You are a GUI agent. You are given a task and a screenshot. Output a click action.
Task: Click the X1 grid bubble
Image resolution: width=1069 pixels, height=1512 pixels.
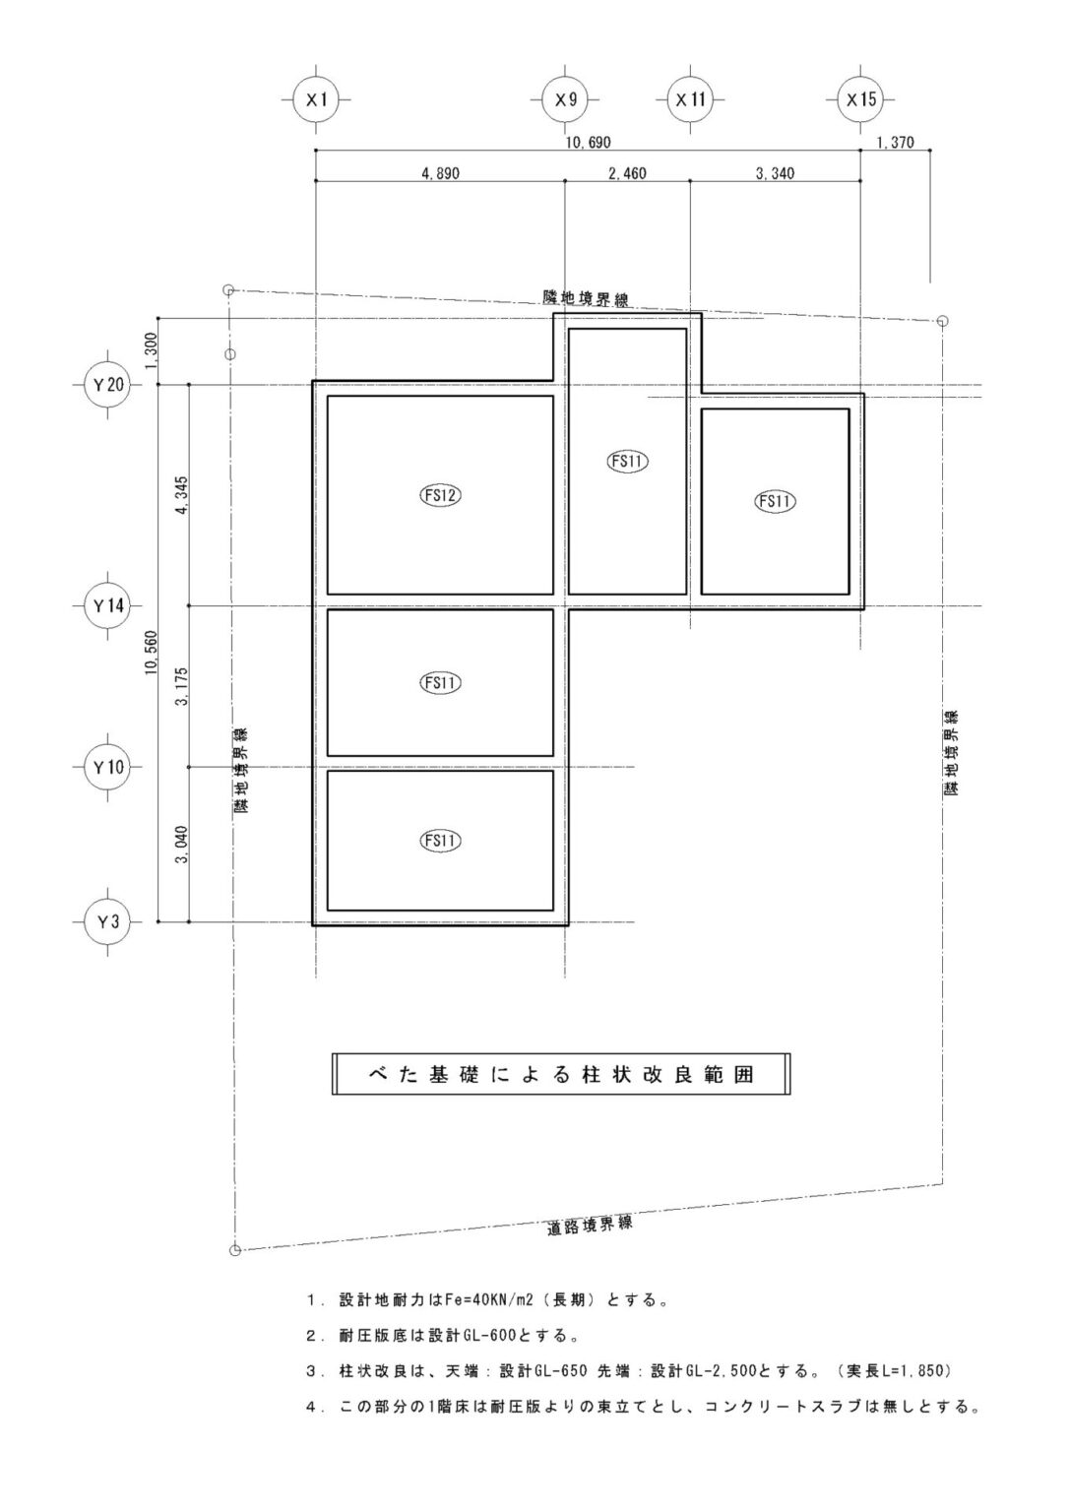tap(316, 99)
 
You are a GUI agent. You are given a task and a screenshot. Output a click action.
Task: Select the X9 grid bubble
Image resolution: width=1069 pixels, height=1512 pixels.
tap(565, 99)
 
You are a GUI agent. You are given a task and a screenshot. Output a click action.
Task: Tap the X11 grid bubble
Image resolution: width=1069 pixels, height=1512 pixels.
tap(690, 99)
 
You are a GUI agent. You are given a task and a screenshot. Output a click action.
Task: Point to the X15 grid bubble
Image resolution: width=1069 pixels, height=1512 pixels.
tap(860, 99)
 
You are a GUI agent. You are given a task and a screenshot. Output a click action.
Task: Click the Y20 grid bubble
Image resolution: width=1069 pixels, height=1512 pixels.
tap(108, 385)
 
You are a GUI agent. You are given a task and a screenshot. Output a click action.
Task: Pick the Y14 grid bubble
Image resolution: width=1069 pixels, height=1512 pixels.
tap(108, 605)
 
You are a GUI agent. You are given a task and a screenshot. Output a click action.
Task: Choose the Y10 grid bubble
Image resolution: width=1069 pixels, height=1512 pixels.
tap(108, 767)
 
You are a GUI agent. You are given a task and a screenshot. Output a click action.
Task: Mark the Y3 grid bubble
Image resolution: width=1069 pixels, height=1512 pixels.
tap(108, 921)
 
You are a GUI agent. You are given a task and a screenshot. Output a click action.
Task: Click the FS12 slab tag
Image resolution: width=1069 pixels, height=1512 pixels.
tap(440, 495)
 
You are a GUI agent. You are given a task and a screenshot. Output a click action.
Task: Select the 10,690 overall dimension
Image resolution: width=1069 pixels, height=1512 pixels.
tap(588, 142)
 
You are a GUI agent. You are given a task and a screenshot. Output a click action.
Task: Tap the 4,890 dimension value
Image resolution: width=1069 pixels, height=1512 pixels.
tap(440, 173)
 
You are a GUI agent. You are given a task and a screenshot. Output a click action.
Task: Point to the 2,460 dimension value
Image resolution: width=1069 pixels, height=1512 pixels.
tap(627, 173)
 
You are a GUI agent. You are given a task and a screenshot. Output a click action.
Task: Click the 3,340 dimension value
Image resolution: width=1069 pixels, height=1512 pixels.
tap(775, 173)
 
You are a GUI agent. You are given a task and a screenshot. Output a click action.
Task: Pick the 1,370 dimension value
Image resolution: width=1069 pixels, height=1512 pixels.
tap(895, 142)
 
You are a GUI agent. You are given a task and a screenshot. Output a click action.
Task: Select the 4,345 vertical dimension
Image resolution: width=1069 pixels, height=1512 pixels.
tap(181, 495)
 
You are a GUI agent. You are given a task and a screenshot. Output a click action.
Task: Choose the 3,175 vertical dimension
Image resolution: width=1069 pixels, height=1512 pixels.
tap(181, 686)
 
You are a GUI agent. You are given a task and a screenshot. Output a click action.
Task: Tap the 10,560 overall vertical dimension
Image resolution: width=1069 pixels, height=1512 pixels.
tap(150, 652)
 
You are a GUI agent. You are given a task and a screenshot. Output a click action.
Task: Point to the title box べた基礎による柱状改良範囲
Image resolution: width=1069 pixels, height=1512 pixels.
tap(561, 1074)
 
